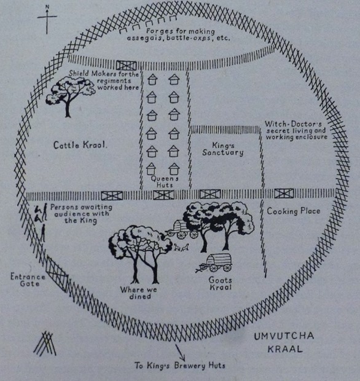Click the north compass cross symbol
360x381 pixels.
(47, 19)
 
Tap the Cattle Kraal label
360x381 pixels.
(80, 145)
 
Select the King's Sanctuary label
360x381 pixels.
(223, 149)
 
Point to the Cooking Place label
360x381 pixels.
(294, 211)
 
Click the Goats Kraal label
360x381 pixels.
(221, 283)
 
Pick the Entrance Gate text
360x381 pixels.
(28, 280)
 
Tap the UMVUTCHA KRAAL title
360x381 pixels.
(284, 343)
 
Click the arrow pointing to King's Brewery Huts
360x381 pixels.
(180, 352)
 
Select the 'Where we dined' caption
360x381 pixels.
(139, 293)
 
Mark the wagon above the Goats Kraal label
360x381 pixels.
(214, 262)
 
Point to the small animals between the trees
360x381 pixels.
(181, 248)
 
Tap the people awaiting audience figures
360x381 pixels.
(41, 222)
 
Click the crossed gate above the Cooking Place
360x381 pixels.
(284, 194)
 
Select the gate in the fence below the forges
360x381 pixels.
(126, 66)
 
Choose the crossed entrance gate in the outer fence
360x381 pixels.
(57, 274)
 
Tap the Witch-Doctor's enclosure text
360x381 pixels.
(296, 130)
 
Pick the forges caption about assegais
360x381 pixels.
(178, 35)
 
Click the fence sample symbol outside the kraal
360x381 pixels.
(45, 344)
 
